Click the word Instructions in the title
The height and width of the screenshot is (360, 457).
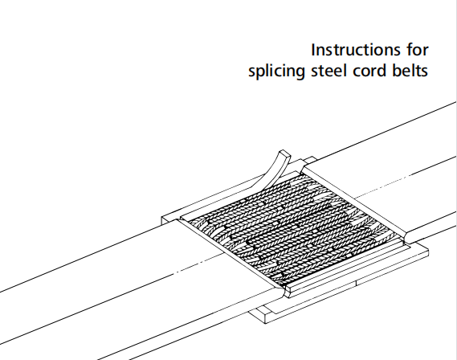pyautogui.click(x=356, y=50)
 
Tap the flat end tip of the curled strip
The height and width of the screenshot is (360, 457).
pyautogui.click(x=285, y=153)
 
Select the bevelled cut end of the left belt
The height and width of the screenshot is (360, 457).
pyautogui.click(x=231, y=254)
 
